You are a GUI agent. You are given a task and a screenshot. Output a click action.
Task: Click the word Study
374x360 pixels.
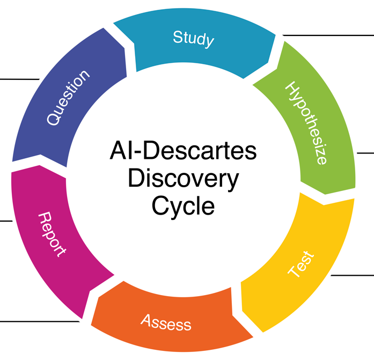click(193, 39)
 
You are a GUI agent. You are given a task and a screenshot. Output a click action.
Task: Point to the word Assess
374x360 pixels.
click(166, 322)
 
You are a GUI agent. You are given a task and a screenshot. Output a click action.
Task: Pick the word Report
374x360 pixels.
click(52, 234)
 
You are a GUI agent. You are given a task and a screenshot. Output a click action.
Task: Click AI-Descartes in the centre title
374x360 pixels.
click(183, 151)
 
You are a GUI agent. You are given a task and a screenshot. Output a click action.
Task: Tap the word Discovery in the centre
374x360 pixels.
click(183, 179)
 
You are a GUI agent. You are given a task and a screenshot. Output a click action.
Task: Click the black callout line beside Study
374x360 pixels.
click(327, 35)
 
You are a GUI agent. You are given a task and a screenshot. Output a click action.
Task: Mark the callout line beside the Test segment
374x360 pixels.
click(351, 275)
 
